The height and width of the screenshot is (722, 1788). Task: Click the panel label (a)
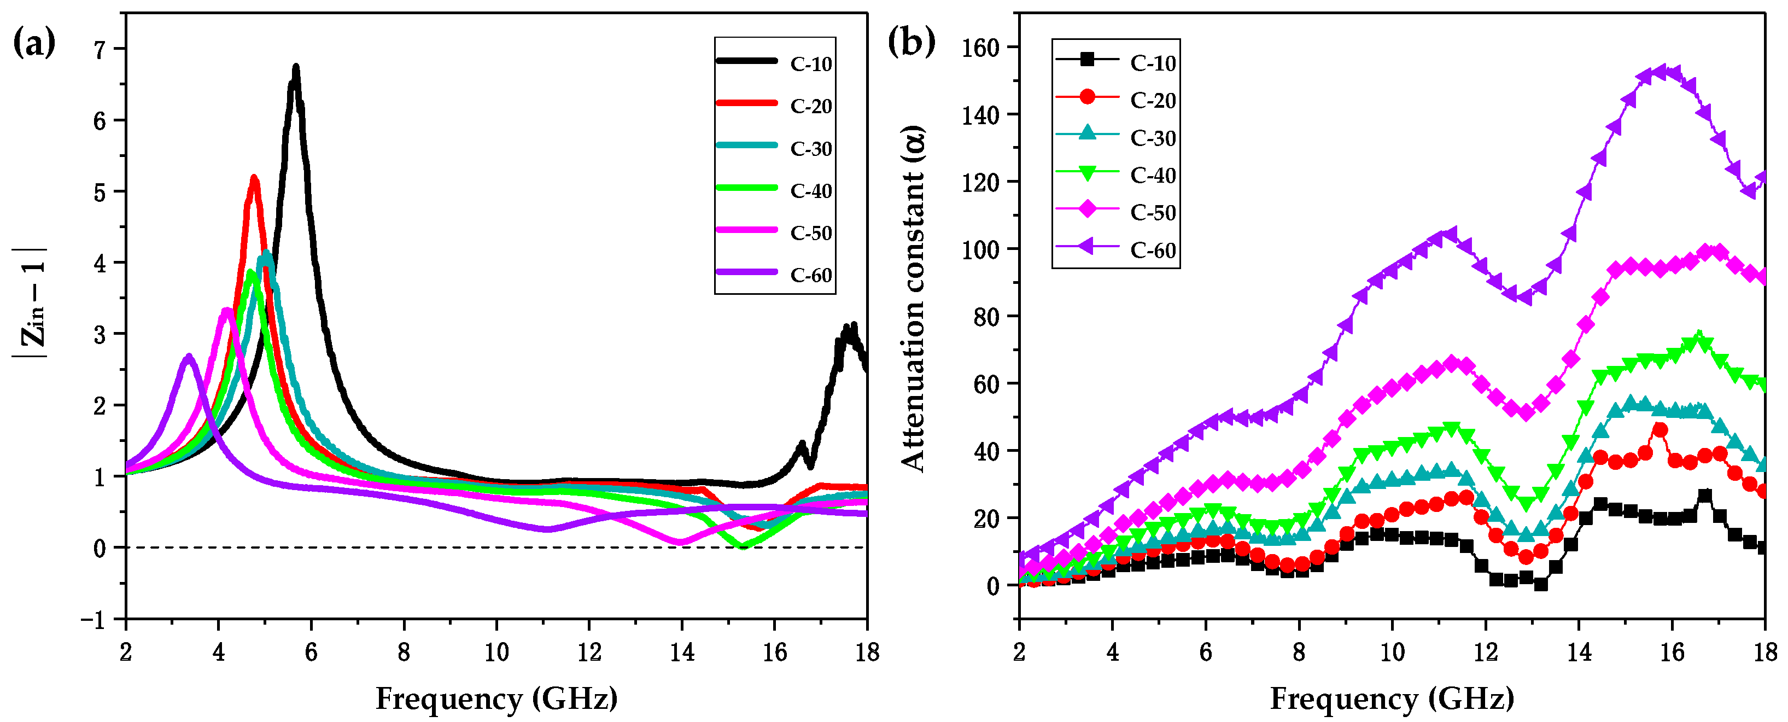[34, 44]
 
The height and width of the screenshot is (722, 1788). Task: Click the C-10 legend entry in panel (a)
[810, 64]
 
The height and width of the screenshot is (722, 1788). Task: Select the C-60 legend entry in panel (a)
[810, 275]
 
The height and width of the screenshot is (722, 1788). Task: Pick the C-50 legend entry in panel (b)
[1152, 212]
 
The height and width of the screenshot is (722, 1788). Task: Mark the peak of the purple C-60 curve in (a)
[189, 357]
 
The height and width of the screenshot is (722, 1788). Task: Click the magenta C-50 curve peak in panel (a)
[227, 310]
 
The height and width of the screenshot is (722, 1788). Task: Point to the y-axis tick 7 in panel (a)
[100, 49]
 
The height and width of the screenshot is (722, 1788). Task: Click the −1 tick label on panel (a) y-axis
[94, 619]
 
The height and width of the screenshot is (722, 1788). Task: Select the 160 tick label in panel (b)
[979, 47]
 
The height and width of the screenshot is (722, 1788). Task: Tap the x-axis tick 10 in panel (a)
[496, 652]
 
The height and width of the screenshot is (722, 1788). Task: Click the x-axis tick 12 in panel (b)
[1486, 652]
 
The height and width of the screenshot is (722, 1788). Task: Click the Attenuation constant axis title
[914, 299]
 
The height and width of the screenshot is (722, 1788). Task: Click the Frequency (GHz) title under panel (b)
[1392, 698]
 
